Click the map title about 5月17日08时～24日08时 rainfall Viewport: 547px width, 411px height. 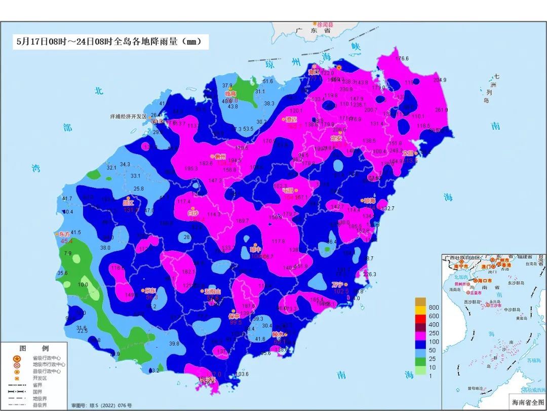pyautogui.click(x=111, y=42)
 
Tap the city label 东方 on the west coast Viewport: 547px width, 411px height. pyautogui.click(x=64, y=234)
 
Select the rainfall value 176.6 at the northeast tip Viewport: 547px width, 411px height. pyautogui.click(x=402, y=59)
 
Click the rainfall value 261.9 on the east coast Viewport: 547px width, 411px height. pyautogui.click(x=442, y=110)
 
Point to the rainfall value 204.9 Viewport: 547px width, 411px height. pyautogui.click(x=440, y=80)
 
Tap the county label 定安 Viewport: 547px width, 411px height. pyautogui.click(x=336, y=138)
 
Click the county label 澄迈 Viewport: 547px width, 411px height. pyautogui.click(x=291, y=120)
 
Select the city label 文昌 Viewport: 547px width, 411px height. pyautogui.click(x=408, y=153)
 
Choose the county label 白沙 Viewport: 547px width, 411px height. pyautogui.click(x=193, y=213)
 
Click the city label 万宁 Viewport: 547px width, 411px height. pyautogui.click(x=338, y=284)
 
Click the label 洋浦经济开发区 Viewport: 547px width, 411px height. pyautogui.click(x=128, y=116)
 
